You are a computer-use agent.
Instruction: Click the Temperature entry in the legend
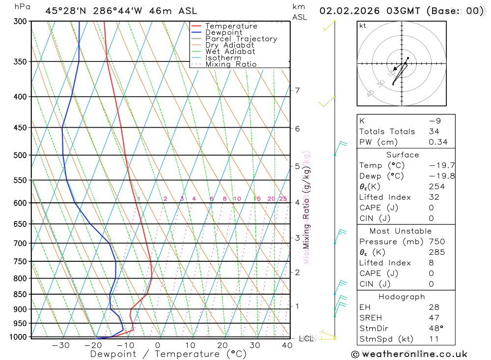[x=231, y=26]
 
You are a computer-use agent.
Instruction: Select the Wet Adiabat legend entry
[x=230, y=52]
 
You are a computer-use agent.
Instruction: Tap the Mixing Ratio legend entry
[x=231, y=64]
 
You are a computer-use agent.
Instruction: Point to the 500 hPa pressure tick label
[x=21, y=155]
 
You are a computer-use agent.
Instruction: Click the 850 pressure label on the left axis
[x=21, y=294]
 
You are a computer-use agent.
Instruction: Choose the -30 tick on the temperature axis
[x=60, y=345]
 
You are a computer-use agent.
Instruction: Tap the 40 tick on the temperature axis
[x=287, y=345]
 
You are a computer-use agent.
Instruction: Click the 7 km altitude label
[x=297, y=90]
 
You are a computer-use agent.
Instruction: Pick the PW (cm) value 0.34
[x=438, y=142]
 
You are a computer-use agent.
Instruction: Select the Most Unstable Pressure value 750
[x=436, y=242]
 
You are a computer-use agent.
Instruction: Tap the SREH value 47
[x=434, y=318]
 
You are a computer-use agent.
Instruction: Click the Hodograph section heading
[x=402, y=297]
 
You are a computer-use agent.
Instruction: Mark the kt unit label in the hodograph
[x=363, y=26]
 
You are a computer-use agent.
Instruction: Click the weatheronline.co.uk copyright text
[x=409, y=354]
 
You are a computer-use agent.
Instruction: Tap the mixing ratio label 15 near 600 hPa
[x=257, y=199]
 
